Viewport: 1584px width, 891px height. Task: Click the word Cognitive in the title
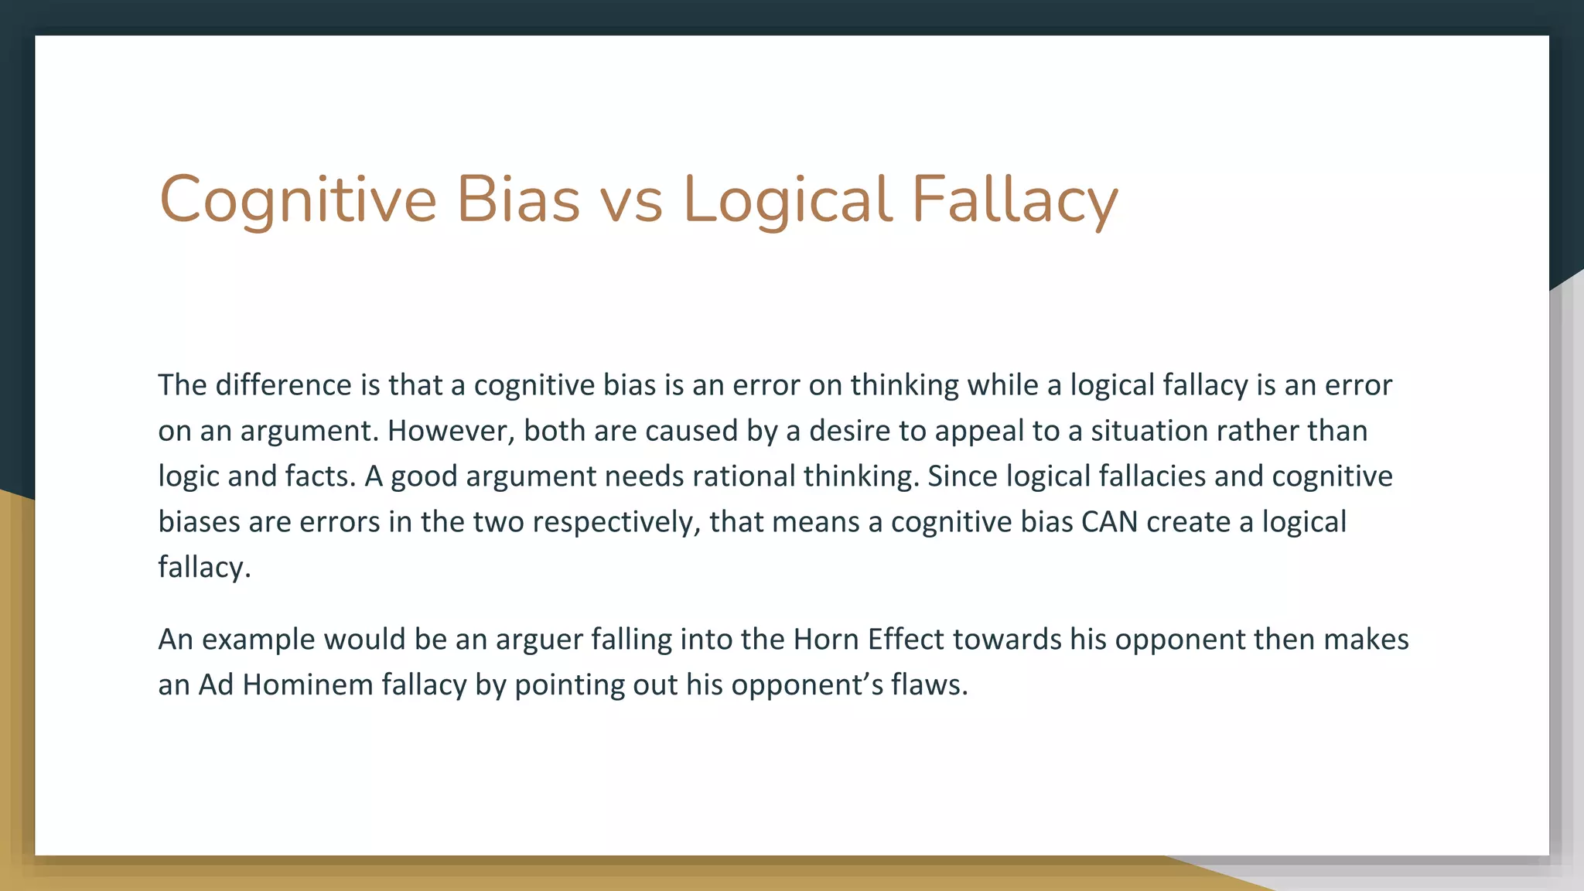click(298, 200)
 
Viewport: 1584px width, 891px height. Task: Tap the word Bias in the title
click(517, 200)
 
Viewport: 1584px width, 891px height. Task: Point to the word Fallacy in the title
click(1014, 200)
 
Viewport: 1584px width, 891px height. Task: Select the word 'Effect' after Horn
click(906, 640)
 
